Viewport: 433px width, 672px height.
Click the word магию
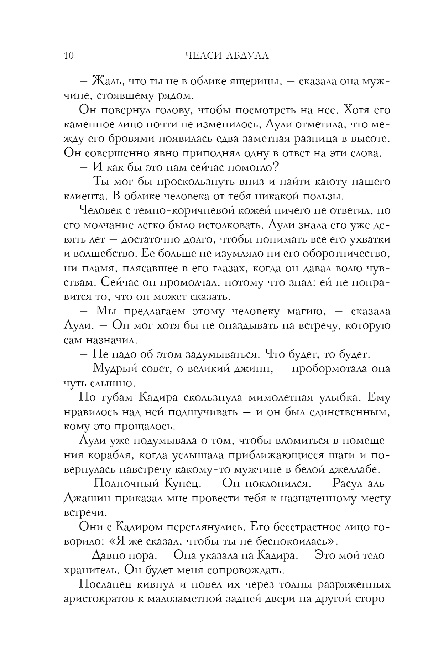tap(306, 311)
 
